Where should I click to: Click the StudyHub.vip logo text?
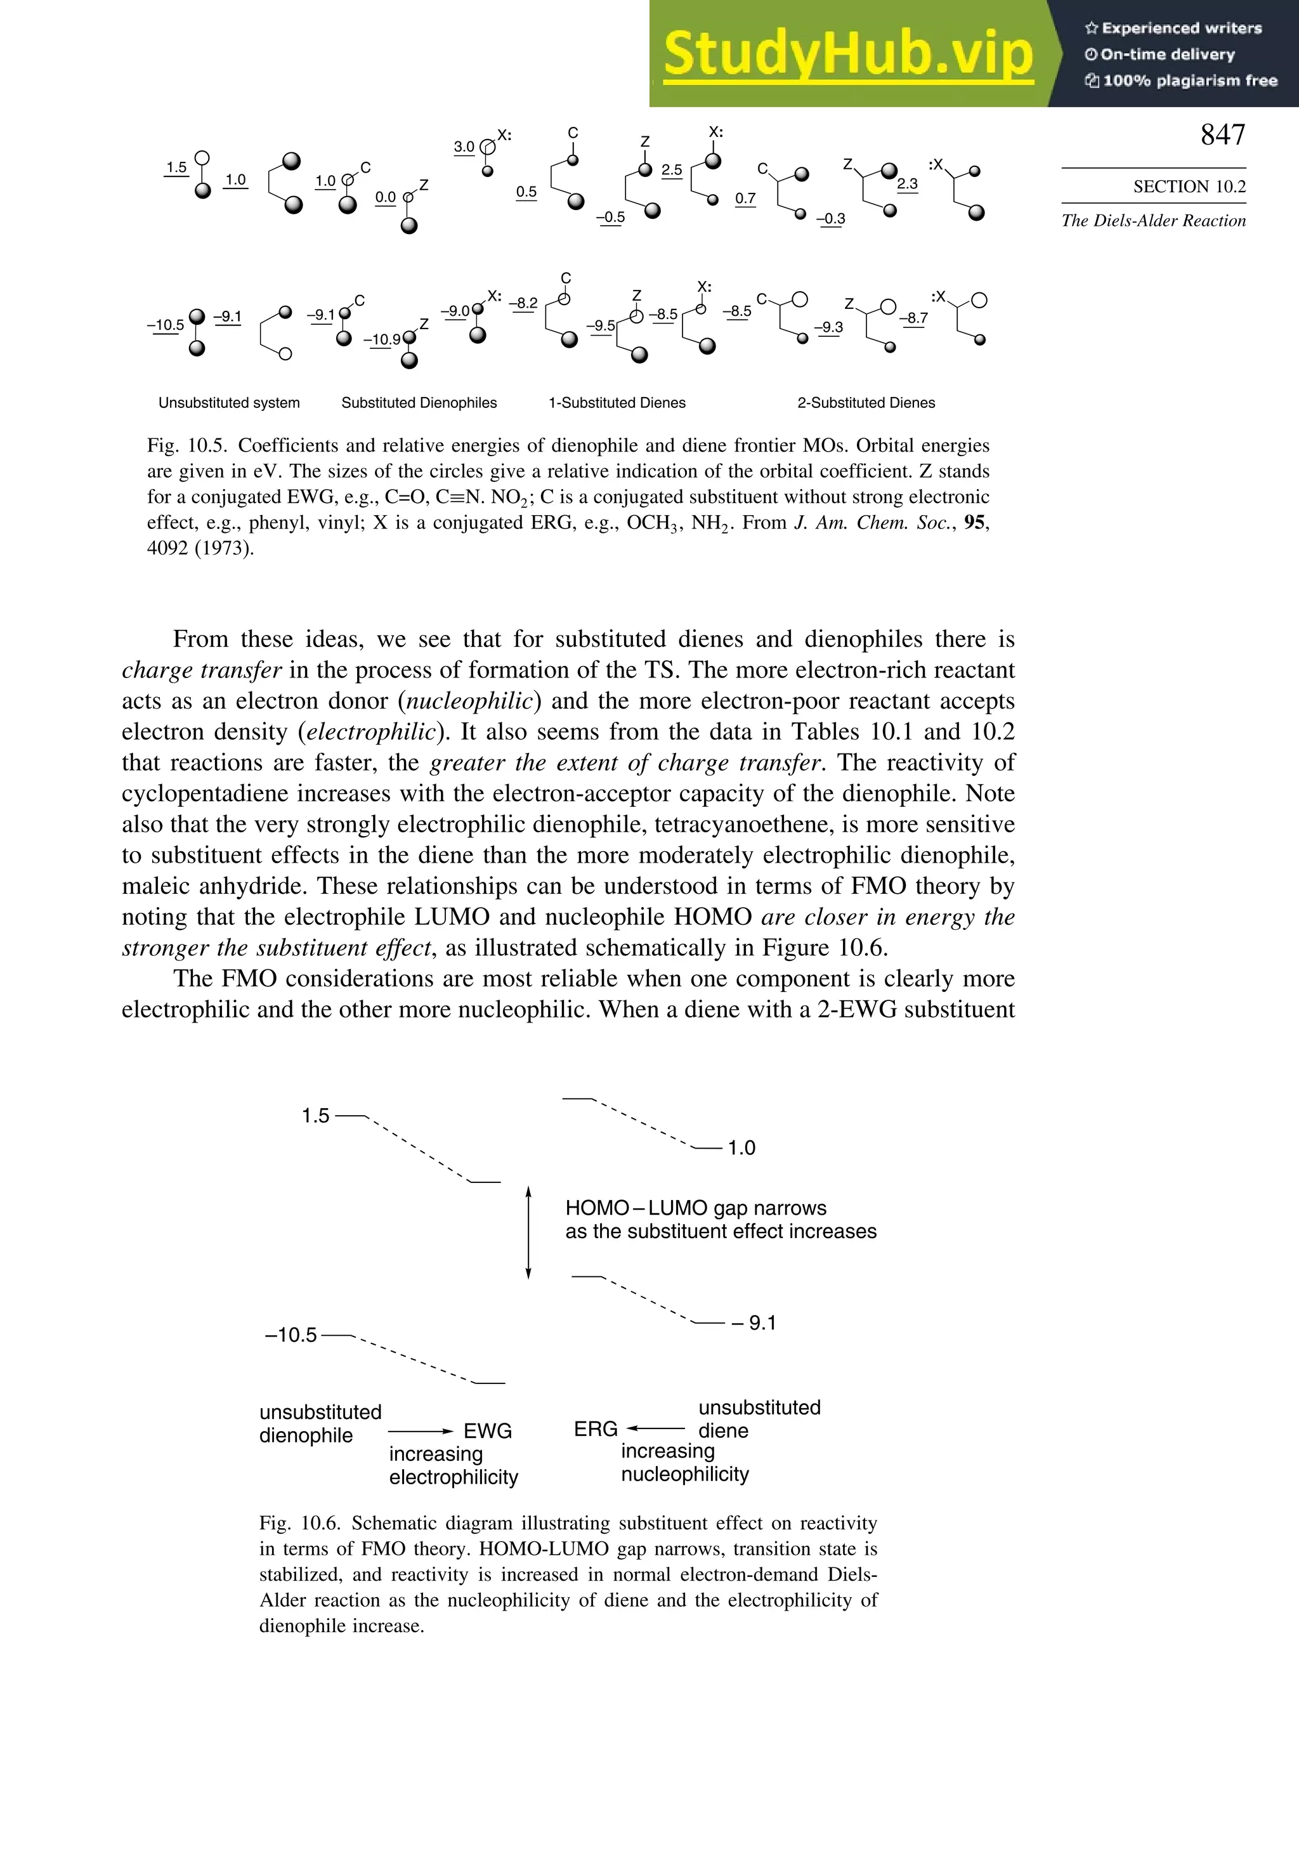point(848,54)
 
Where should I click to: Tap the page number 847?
point(1222,135)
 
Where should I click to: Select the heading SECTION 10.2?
point(1189,186)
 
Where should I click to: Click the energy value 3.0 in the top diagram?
point(464,147)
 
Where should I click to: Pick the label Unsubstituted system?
point(229,403)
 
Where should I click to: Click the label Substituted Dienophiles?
point(419,403)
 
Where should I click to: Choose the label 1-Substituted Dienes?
point(617,403)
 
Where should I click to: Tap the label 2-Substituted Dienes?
point(866,403)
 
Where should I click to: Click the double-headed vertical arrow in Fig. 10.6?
point(528,1232)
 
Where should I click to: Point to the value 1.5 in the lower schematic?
point(315,1116)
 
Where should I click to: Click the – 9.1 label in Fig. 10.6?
point(754,1323)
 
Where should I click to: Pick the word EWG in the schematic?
point(487,1431)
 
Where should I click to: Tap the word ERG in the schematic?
point(596,1429)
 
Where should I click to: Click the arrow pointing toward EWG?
point(421,1432)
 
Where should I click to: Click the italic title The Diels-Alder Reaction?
point(1154,221)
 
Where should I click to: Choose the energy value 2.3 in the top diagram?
point(907,185)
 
